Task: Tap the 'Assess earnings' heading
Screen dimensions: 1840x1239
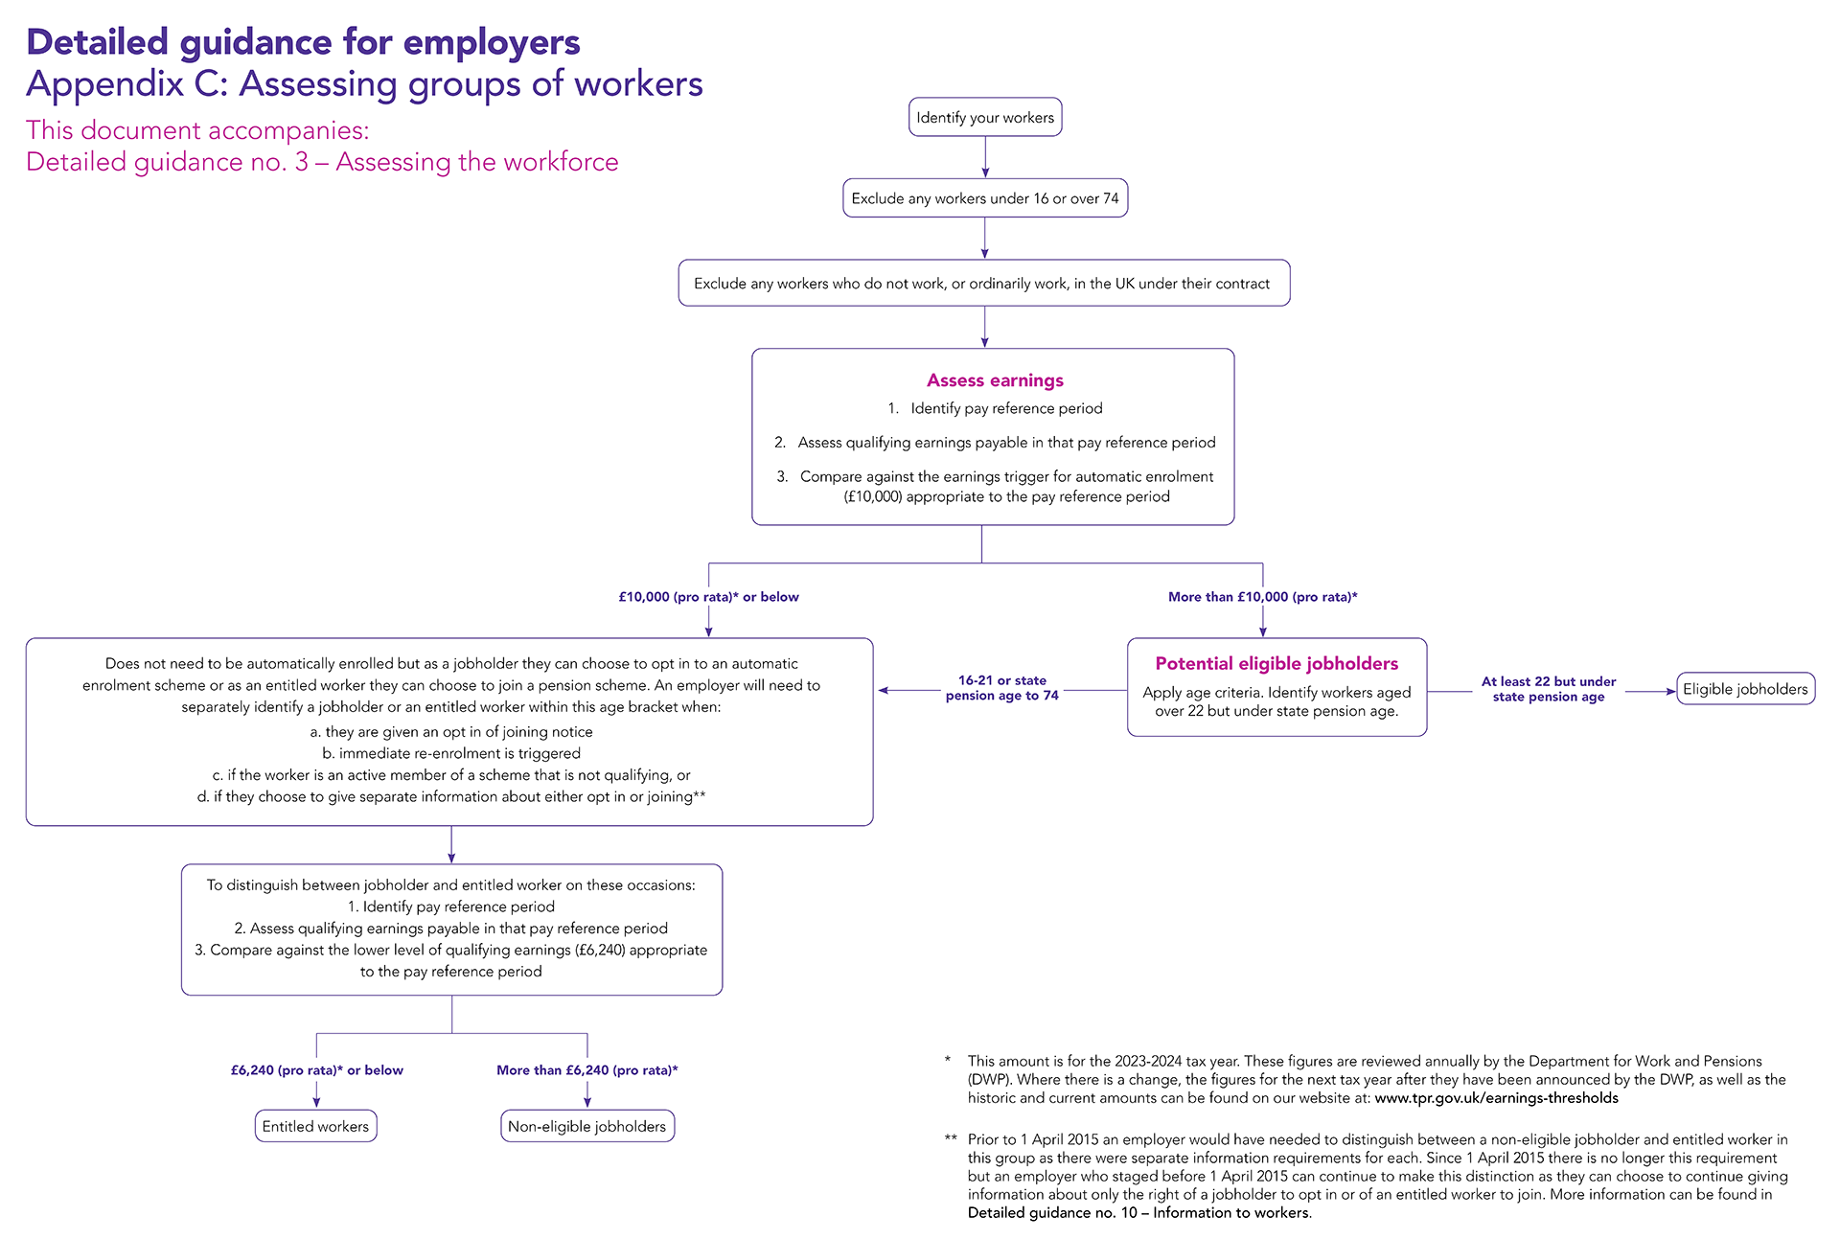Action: (x=995, y=380)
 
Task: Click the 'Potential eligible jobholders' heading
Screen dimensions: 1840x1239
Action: (x=1276, y=663)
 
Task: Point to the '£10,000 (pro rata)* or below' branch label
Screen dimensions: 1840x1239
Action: (x=708, y=597)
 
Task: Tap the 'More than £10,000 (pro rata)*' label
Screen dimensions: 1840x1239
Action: (x=1262, y=597)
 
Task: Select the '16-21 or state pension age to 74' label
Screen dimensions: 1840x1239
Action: (x=1002, y=688)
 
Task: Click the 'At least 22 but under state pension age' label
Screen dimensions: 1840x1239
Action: (x=1549, y=689)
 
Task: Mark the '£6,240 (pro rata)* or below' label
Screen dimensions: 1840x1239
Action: (x=316, y=1070)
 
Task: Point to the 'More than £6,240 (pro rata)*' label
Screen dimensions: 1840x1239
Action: (x=586, y=1070)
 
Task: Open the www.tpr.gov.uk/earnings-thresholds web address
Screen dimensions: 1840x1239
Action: (x=1496, y=1098)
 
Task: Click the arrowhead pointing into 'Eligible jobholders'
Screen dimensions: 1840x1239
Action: (x=1670, y=691)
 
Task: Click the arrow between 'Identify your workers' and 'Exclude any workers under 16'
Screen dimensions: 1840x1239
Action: (x=985, y=157)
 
